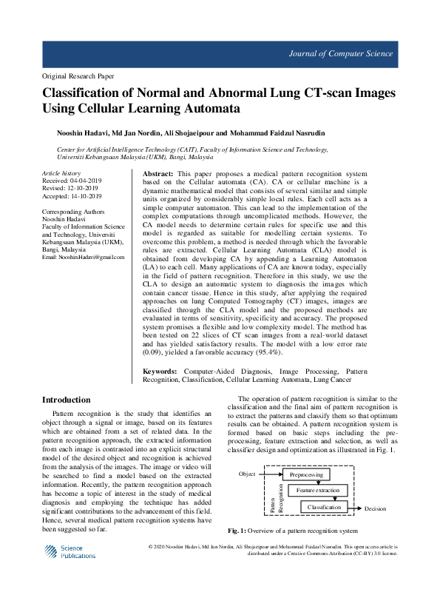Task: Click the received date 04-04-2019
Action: [87, 180]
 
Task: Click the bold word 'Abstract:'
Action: [158, 172]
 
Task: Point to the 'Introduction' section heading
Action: [67, 400]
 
